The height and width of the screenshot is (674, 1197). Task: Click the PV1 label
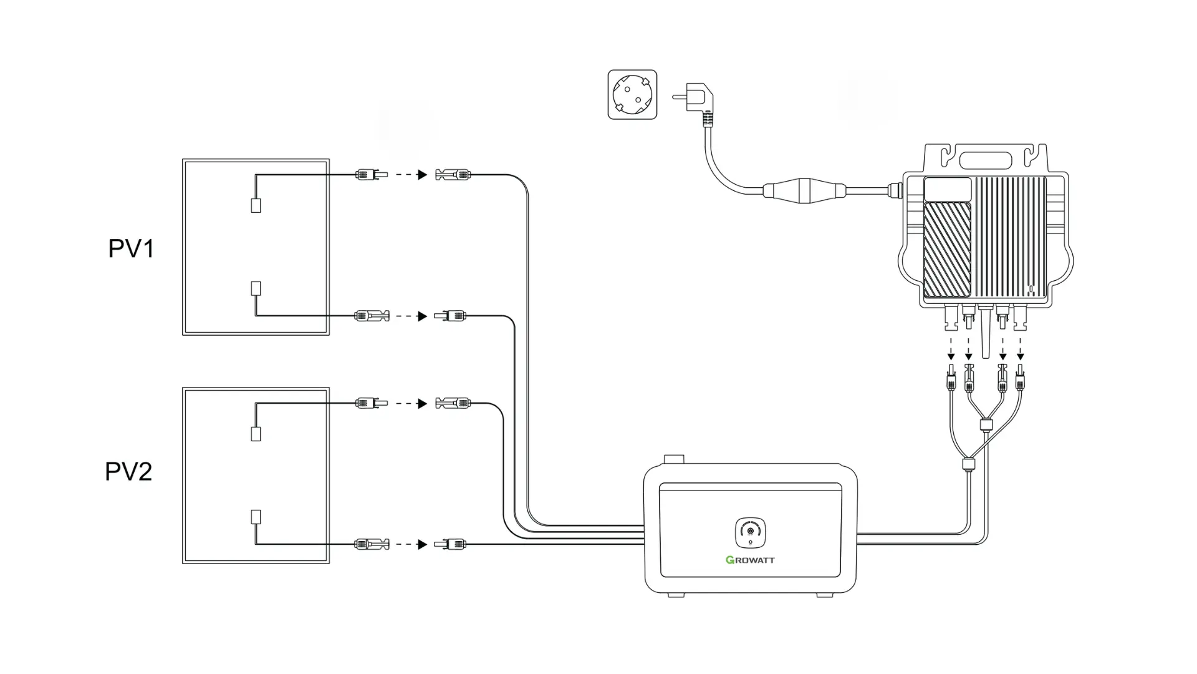131,248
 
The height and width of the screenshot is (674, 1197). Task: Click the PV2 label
128,471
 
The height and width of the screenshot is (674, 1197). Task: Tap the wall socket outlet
632,94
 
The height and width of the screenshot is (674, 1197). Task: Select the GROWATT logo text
750,560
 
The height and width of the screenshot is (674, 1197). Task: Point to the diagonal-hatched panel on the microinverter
946,249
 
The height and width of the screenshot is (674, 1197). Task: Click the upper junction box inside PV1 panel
256,205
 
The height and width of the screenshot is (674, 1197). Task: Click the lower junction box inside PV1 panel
256,288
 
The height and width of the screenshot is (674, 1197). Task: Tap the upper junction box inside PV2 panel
256,434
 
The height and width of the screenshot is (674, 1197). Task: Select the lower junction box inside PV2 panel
256,517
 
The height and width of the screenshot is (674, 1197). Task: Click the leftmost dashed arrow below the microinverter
951,349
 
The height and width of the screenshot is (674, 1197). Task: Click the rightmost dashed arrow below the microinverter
1020,349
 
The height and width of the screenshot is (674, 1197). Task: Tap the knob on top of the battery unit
674,459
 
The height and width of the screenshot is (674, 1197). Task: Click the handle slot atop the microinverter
986,160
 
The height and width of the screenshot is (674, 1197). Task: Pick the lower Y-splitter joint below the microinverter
968,464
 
